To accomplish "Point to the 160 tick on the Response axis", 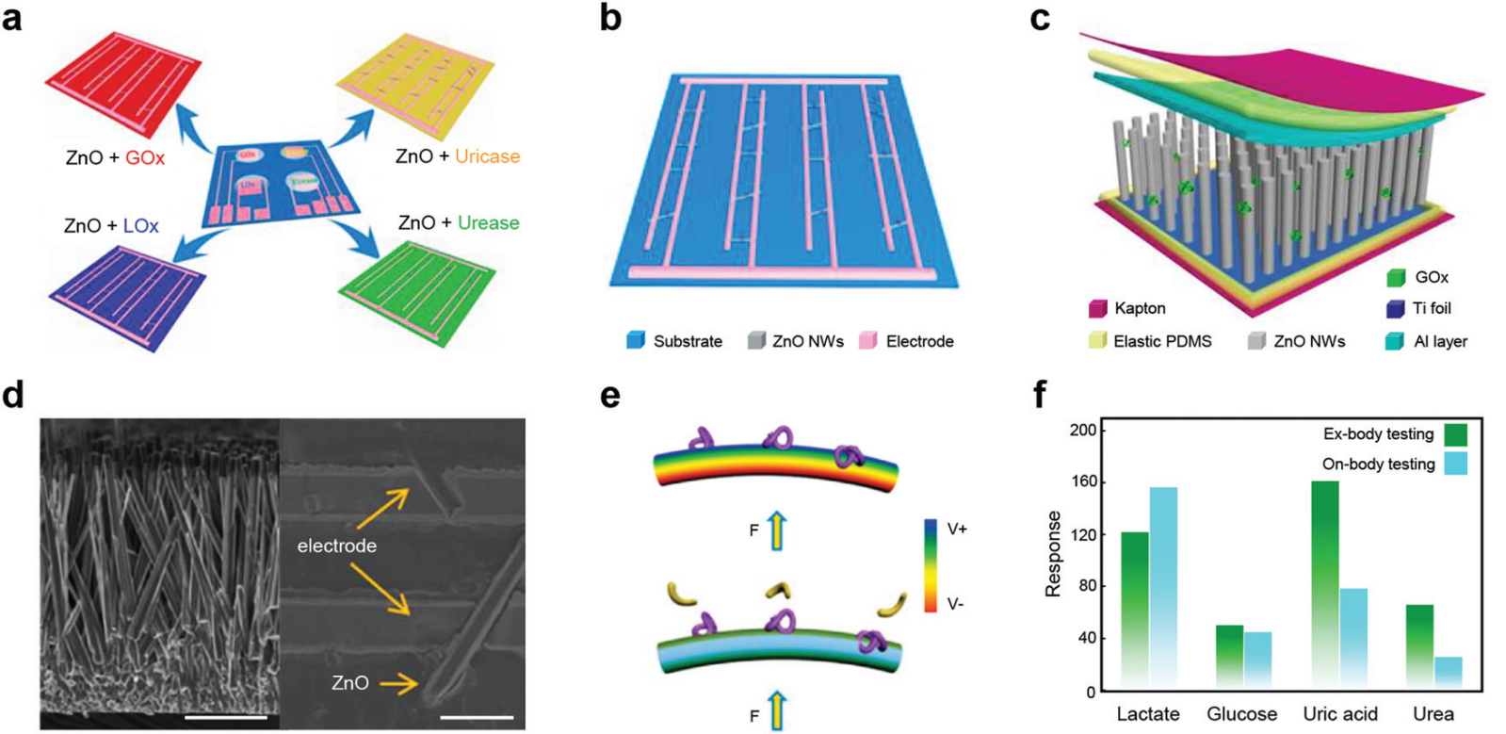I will [1084, 481].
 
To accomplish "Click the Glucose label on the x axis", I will [1241, 713].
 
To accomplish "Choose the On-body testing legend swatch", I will [1456, 464].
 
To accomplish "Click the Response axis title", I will [1053, 554].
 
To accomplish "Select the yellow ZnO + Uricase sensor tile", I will [414, 85].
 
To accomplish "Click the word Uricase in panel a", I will [487, 156].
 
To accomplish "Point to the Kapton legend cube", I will [1097, 308].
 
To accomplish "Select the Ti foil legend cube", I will [1396, 308].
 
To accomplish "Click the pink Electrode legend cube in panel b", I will [867, 341].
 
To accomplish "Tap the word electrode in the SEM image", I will [336, 546].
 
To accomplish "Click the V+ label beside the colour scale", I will [957, 530].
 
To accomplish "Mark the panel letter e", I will [610, 396].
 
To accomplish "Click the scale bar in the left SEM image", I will [226, 717].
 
